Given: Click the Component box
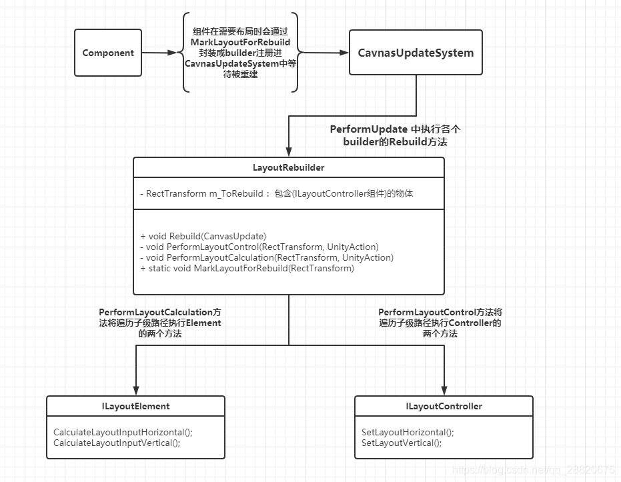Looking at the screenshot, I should [x=108, y=53].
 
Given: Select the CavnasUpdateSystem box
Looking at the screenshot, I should [x=416, y=53].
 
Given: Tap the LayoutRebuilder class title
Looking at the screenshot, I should [x=289, y=168].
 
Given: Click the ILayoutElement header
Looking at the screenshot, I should [x=135, y=406].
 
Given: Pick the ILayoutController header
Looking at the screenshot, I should [x=444, y=406].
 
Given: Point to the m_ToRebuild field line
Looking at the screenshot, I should [x=277, y=194].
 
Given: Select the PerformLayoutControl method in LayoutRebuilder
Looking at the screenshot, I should [x=259, y=247].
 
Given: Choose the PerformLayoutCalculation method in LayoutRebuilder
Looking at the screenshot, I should [x=267, y=257].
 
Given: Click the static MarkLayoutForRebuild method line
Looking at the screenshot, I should [x=247, y=268].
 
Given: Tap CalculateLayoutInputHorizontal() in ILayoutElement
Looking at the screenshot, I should [x=123, y=432].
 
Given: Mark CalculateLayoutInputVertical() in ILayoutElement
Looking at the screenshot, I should [x=117, y=443].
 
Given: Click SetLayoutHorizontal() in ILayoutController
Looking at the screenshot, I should [x=408, y=432].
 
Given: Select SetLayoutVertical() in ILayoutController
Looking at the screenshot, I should [x=402, y=443].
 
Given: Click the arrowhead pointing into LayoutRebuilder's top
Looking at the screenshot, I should [x=289, y=153].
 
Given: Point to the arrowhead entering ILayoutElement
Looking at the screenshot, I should [x=135, y=391].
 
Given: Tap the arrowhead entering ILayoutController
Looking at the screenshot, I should [x=444, y=391].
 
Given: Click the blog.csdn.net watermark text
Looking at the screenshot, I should [x=533, y=471].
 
